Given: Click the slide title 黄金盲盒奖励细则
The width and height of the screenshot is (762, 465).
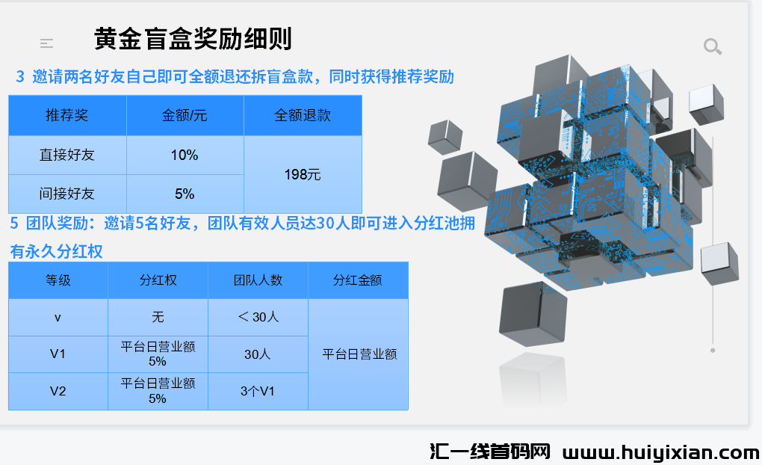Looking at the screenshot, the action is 193,39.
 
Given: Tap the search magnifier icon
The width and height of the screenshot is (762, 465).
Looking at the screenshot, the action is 713,46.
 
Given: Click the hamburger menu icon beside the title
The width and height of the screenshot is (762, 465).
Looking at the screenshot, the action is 46,44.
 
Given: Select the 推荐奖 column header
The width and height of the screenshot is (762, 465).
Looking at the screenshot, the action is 67,115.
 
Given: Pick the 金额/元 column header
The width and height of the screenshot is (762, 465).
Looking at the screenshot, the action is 185,115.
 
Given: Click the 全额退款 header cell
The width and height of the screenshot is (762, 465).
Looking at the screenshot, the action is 303,115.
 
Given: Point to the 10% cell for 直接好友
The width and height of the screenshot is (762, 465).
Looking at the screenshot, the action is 185,155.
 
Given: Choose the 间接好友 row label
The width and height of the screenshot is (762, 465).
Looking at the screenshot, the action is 67,194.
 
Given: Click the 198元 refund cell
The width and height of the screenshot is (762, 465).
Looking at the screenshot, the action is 303,175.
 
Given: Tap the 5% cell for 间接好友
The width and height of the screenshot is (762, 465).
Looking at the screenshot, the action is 185,194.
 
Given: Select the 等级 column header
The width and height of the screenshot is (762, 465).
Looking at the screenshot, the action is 58,280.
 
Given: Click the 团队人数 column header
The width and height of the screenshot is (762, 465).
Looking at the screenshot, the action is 258,280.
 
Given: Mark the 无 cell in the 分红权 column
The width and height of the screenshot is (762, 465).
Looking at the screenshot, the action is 158,317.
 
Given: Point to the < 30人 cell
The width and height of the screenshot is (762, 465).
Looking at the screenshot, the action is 258,317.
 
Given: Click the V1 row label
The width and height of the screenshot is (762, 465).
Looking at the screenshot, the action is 58,354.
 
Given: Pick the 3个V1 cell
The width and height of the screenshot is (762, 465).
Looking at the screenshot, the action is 258,391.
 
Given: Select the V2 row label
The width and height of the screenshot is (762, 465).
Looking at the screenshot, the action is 58,391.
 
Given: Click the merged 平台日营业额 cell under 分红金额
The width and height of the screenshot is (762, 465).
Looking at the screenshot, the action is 359,354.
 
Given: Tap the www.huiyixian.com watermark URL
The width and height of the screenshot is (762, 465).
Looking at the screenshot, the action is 661,453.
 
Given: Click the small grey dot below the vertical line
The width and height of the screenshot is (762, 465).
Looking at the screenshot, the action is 713,350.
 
